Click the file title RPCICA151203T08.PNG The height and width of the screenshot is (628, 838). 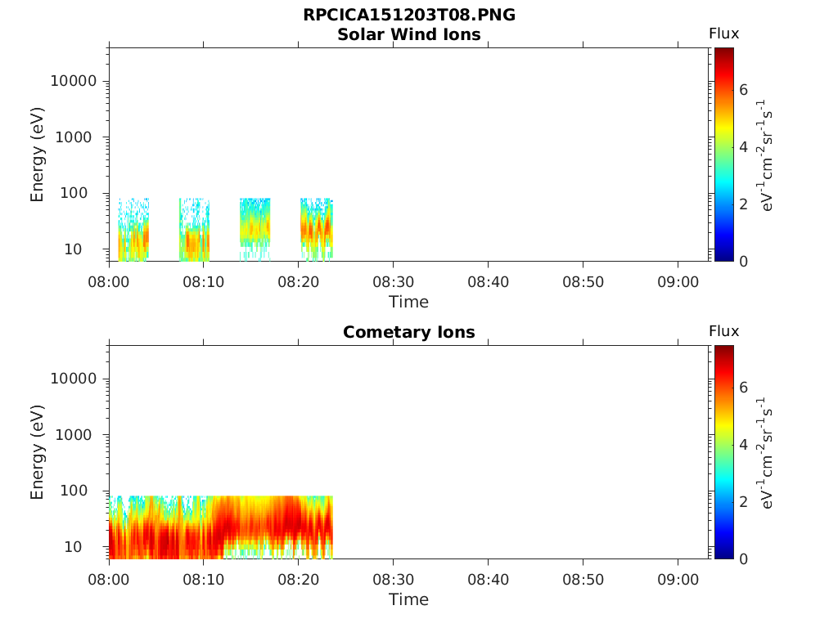(409, 15)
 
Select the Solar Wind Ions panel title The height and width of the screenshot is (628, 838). (409, 34)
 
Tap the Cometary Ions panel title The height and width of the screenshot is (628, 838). (409, 332)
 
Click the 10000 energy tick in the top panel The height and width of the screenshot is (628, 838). (74, 81)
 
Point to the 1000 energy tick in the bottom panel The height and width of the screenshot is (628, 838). (74, 435)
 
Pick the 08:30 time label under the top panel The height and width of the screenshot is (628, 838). (394, 282)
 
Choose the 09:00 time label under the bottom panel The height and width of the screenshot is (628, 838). (678, 580)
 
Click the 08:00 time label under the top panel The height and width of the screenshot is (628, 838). (109, 282)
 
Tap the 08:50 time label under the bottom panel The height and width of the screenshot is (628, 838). (583, 580)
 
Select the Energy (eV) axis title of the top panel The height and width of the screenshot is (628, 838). (37, 155)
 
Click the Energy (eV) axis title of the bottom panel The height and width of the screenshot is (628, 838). (37, 452)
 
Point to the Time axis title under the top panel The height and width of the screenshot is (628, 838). (409, 303)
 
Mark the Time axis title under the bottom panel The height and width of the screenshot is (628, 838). (409, 599)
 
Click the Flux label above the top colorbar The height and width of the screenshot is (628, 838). (723, 34)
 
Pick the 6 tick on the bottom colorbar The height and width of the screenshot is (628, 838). (743, 387)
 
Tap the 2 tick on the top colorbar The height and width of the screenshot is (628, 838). (743, 204)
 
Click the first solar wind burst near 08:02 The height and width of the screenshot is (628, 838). (133, 230)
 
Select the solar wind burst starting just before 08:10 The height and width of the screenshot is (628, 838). (194, 230)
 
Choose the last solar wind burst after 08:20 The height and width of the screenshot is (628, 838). (317, 230)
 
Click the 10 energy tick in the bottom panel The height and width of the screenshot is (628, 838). (73, 547)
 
